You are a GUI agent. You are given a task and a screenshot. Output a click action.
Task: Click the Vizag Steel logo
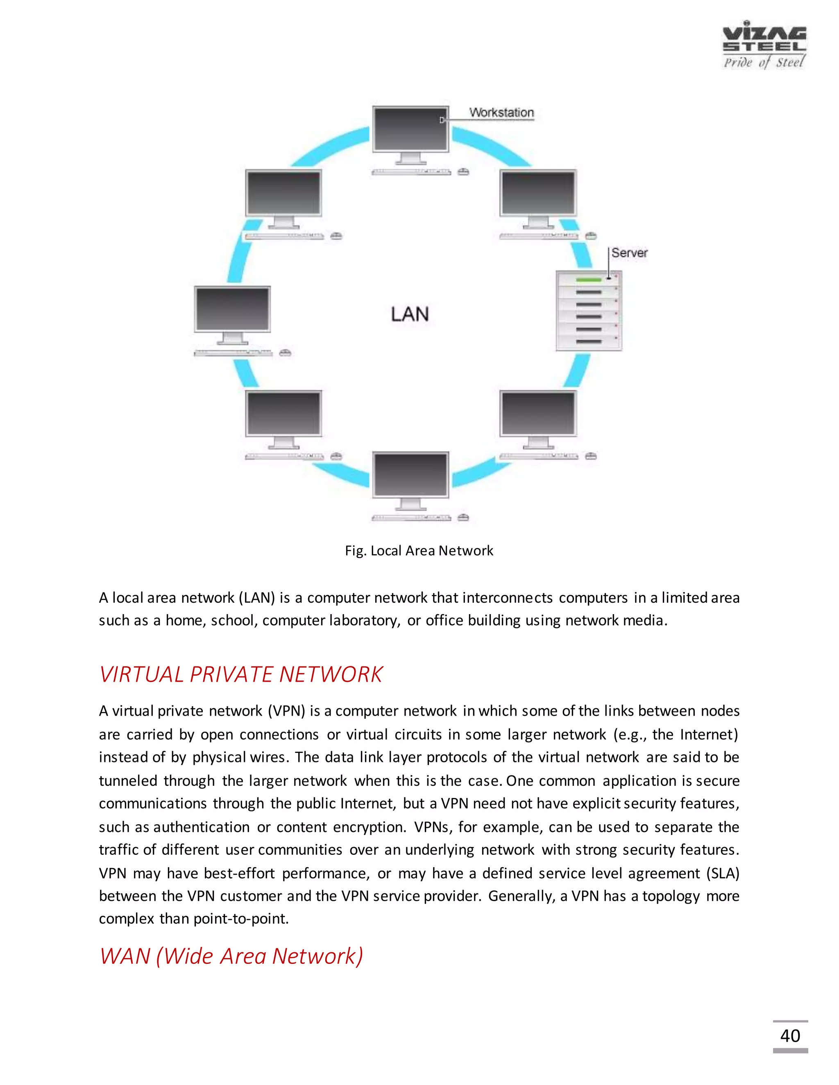coord(764,45)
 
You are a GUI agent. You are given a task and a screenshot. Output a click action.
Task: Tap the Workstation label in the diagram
coord(501,113)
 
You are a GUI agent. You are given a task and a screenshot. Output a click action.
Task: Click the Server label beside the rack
coord(629,253)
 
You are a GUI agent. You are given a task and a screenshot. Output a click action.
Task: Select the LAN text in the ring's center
coord(410,314)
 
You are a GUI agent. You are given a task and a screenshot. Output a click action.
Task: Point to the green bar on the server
coord(589,280)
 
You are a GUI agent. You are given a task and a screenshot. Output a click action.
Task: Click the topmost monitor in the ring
coord(410,130)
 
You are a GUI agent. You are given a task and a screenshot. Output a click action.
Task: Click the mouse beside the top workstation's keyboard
coord(463,172)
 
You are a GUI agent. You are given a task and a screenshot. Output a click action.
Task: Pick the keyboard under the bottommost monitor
coord(410,518)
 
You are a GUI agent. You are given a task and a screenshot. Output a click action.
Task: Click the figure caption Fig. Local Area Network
coord(419,550)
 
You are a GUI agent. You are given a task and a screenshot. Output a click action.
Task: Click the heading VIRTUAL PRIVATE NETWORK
coord(241,674)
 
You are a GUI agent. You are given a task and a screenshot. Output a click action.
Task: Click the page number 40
coord(790,1036)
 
